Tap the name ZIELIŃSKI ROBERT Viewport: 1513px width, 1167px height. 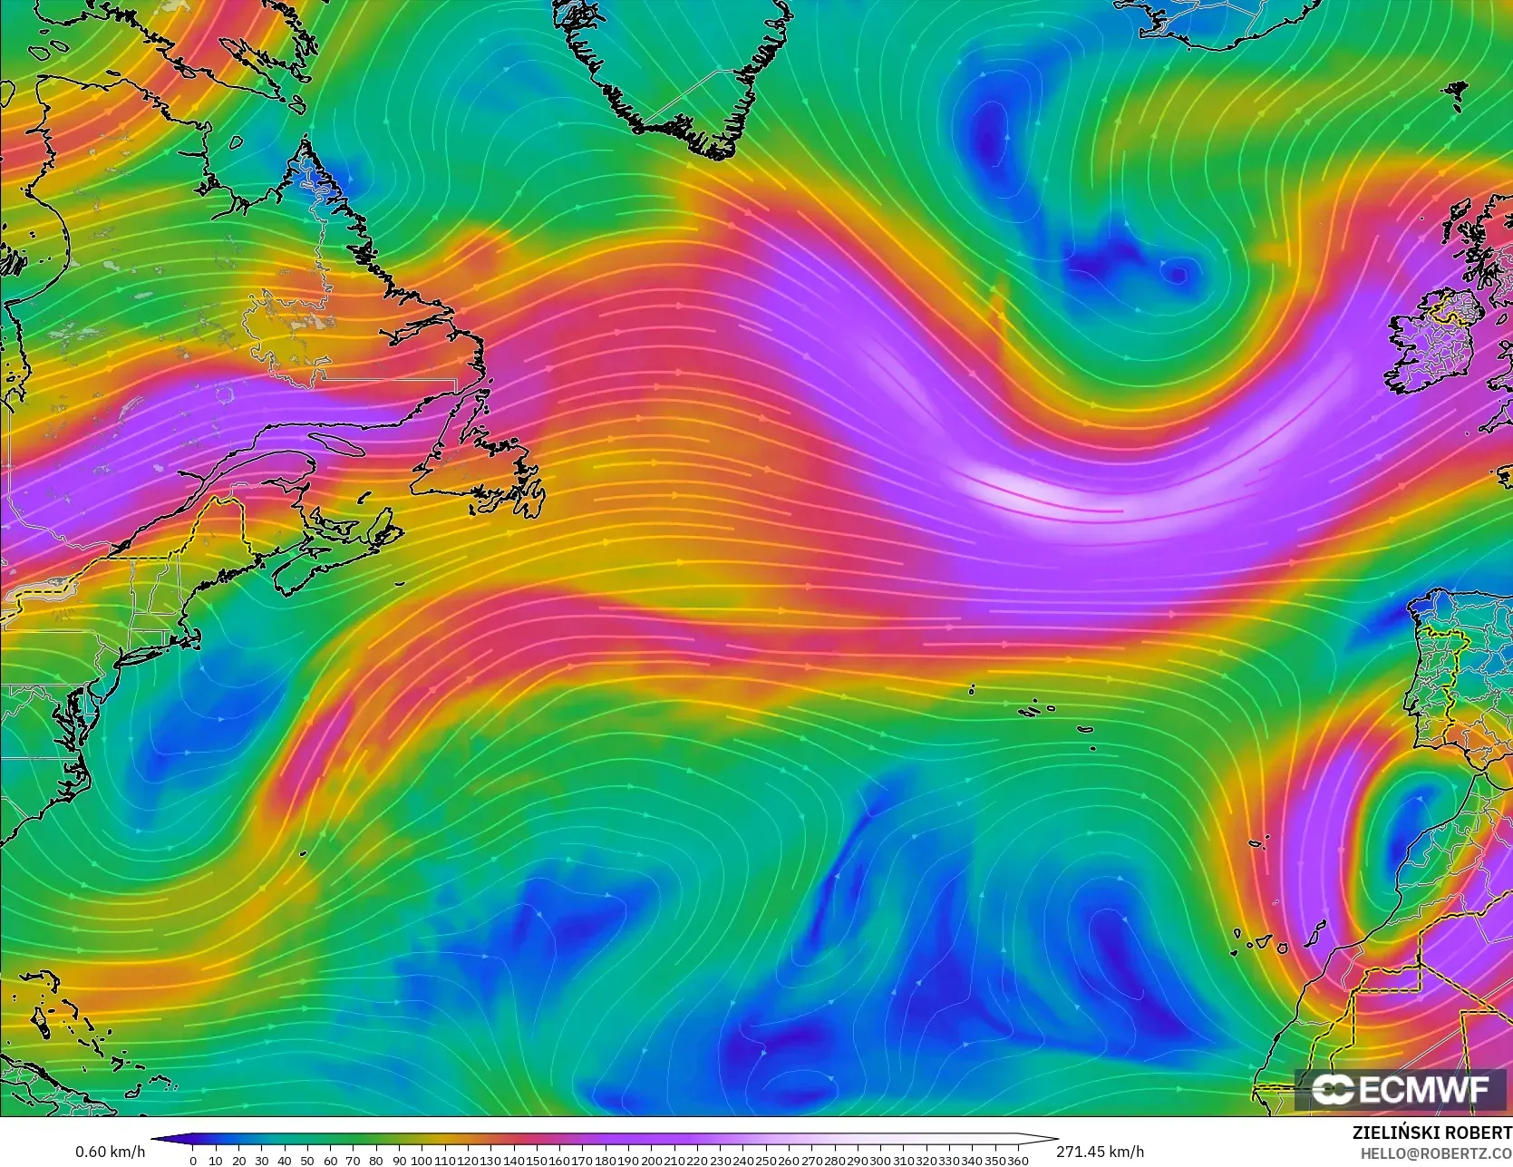[x=1431, y=1133]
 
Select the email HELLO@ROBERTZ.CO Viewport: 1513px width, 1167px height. [x=1436, y=1152]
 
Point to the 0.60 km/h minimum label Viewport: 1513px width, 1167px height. [x=110, y=1152]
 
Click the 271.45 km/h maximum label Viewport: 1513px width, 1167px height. [x=1100, y=1152]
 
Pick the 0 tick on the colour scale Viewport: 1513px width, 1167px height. [x=192, y=1161]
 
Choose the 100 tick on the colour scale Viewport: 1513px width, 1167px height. [x=422, y=1161]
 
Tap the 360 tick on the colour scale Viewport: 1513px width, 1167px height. [x=1017, y=1161]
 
